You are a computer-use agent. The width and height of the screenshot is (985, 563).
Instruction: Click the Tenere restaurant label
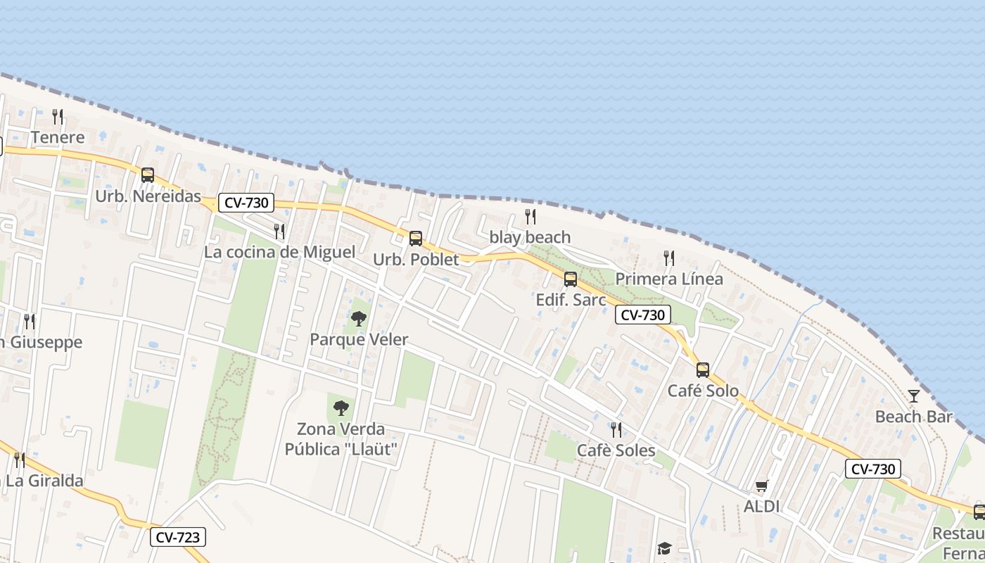coord(58,137)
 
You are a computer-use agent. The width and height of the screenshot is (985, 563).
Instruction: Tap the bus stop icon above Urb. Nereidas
coord(148,175)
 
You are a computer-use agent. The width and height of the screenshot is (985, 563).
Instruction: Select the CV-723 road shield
coord(179,538)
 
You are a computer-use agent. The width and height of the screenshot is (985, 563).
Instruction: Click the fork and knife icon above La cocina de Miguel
coord(279,231)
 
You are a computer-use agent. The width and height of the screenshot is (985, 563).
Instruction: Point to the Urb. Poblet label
coord(416,260)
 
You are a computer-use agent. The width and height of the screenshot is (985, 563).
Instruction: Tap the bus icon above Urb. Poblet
coord(416,239)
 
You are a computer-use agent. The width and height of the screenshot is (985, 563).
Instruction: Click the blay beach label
coord(530,237)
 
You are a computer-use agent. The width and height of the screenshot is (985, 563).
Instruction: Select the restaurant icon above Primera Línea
coord(668,258)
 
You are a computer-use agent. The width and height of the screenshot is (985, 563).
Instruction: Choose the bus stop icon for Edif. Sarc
coord(571,279)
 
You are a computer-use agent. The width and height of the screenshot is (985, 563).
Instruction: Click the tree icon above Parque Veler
coord(359,319)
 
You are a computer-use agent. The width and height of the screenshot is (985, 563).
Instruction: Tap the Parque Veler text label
coord(359,340)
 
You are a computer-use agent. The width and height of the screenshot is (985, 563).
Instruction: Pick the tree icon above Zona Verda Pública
coord(341,407)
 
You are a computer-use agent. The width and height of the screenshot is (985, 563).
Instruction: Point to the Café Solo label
coord(703,391)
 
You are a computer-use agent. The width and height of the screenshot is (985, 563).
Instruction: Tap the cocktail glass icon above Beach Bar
coord(913,396)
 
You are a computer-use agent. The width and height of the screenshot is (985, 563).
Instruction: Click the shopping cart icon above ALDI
coord(761,486)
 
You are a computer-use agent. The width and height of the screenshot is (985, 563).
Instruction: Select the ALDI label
coord(761,507)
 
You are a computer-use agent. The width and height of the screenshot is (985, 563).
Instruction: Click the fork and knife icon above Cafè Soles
coord(616,429)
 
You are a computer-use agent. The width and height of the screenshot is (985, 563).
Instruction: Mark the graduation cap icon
coord(664,548)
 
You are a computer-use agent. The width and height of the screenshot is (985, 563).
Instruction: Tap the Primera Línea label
coord(668,279)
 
